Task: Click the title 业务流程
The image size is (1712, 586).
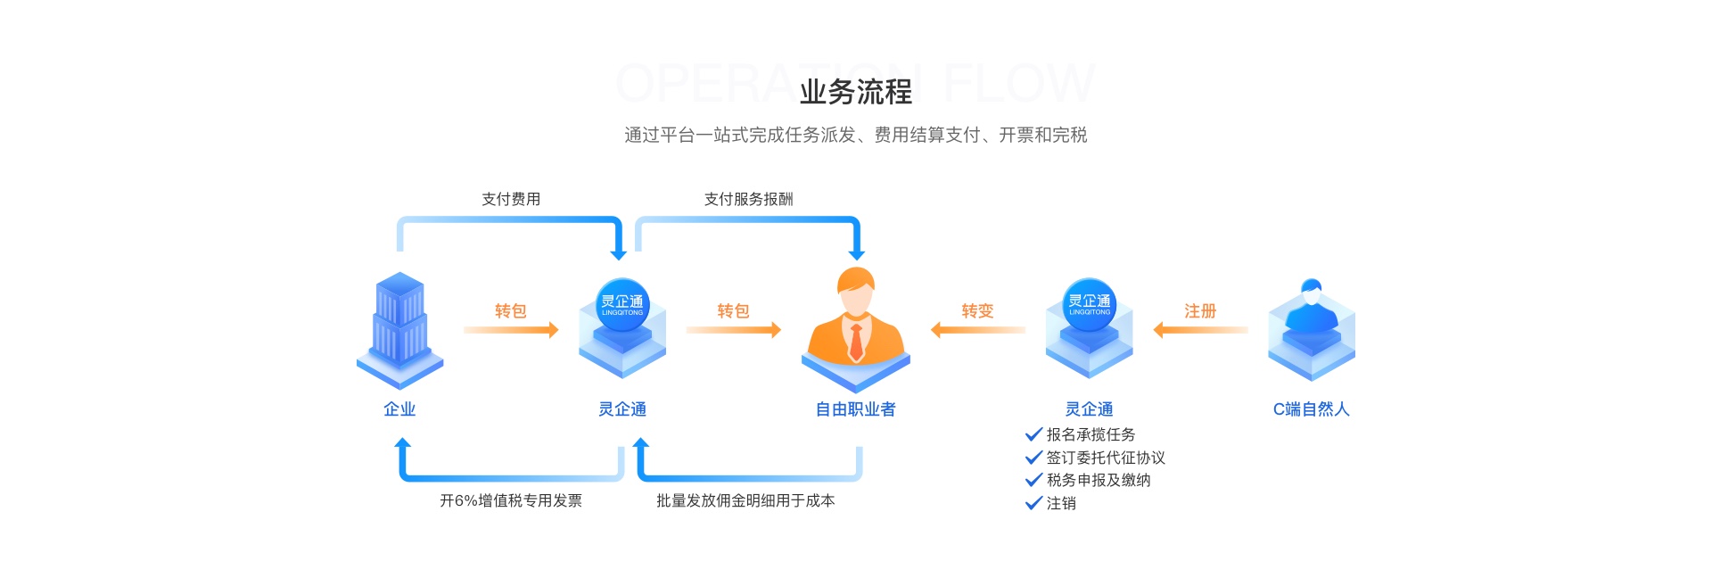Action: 855,92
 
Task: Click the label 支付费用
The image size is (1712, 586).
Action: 511,199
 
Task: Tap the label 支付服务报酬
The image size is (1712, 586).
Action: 748,199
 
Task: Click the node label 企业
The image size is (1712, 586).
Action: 399,409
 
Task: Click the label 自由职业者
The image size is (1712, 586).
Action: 855,409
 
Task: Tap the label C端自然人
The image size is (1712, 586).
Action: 1311,409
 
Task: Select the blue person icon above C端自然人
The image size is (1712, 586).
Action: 1311,326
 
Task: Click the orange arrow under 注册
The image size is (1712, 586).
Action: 1200,330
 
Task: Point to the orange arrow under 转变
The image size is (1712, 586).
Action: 977,330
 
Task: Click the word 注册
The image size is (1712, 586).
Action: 1200,310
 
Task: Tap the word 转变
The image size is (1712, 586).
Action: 977,310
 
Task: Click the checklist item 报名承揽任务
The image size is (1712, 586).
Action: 1091,434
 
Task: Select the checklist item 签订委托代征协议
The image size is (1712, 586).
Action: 1106,458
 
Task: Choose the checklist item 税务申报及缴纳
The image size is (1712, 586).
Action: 1099,480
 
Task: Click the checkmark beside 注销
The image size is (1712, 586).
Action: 1034,503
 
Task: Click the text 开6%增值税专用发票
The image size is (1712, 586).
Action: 511,500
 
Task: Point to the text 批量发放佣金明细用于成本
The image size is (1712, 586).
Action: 745,500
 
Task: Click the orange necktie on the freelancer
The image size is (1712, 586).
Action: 856,342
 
